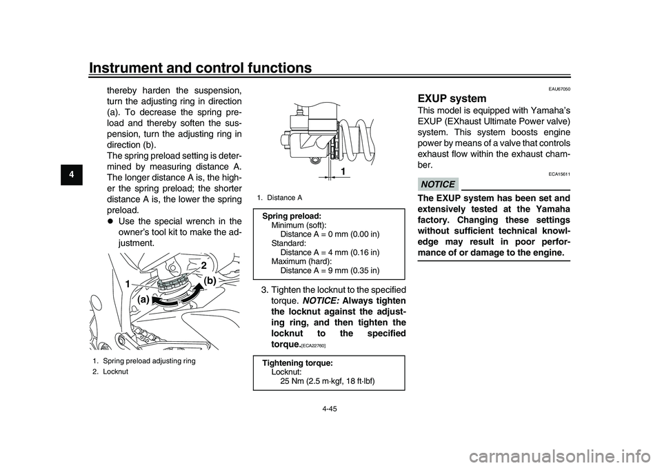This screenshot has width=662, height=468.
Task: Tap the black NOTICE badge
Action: [437, 184]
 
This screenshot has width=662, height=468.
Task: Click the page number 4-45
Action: [330, 409]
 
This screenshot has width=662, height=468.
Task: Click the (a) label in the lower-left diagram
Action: [143, 301]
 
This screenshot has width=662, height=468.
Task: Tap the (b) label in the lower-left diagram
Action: [209, 281]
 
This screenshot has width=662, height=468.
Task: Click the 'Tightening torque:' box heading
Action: [297, 363]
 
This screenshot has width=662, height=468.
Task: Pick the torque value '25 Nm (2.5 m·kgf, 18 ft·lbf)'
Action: [328, 380]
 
